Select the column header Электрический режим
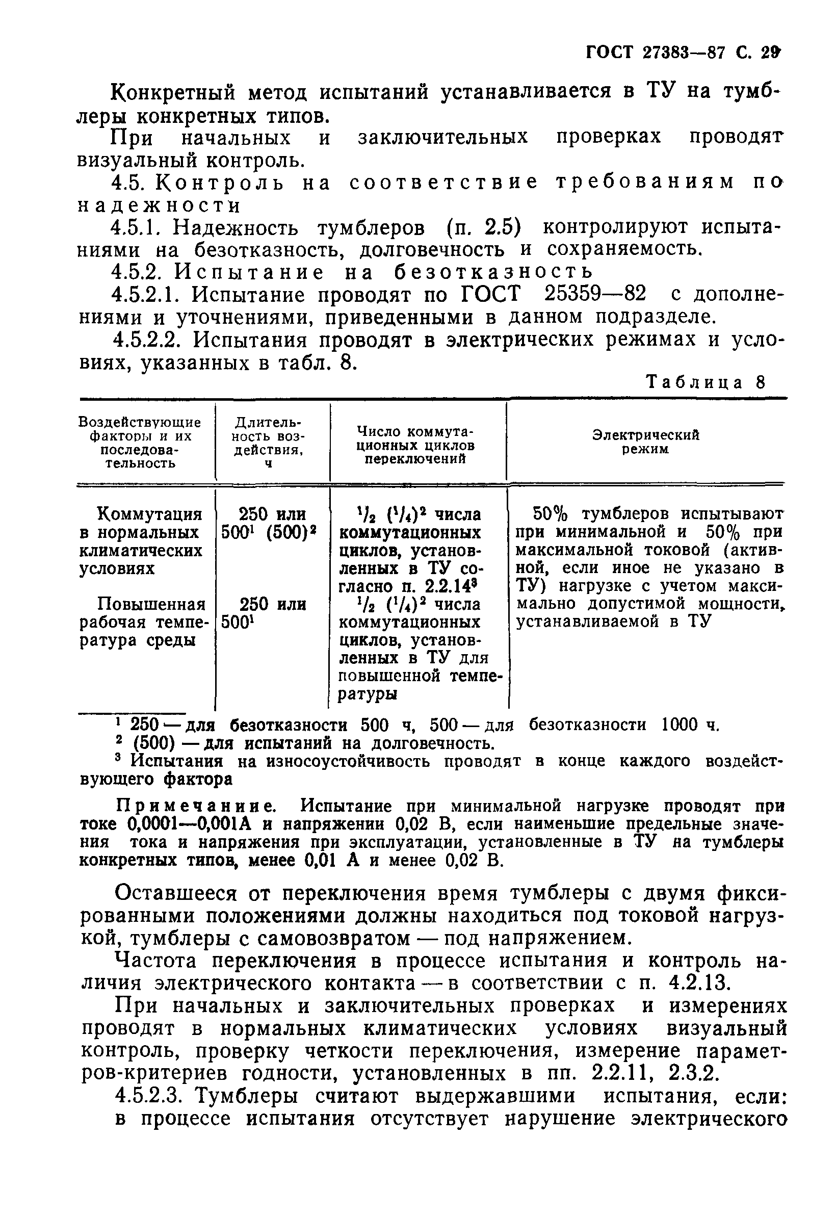click(645, 442)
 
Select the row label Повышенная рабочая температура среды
click(142, 623)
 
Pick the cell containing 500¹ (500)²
click(269, 532)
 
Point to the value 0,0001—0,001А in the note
click(189, 823)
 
